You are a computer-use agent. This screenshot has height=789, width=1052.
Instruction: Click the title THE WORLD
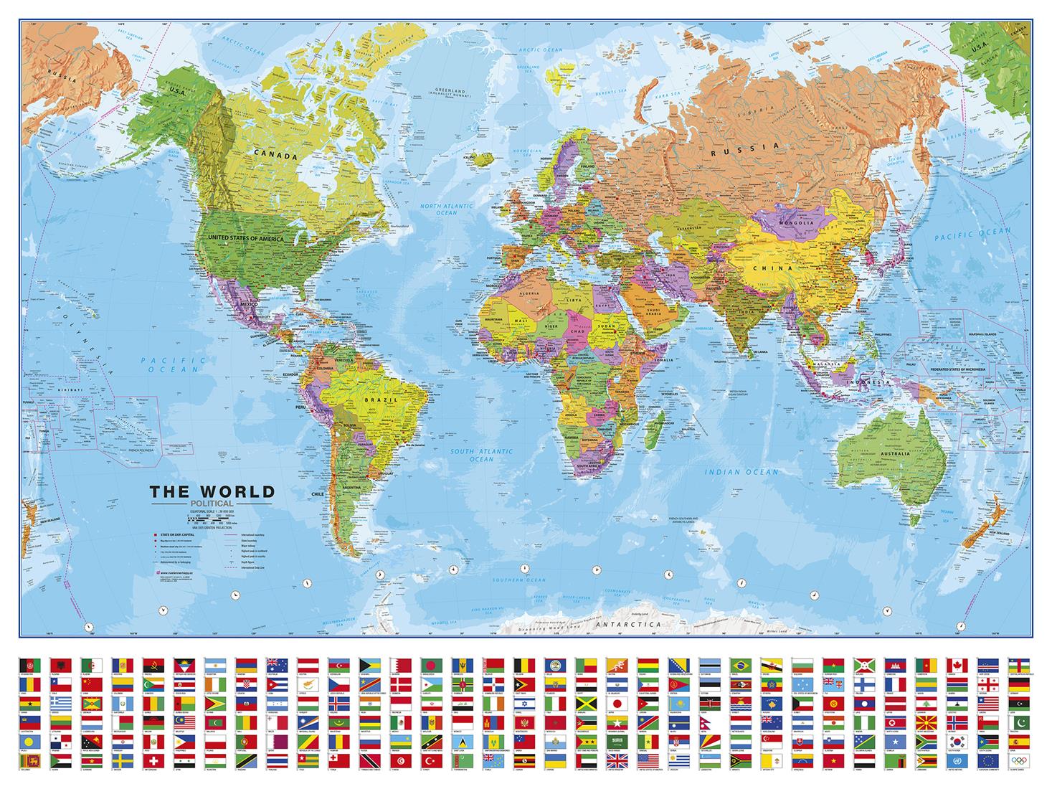coord(212,492)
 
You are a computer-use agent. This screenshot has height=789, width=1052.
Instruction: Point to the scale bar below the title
coord(207,516)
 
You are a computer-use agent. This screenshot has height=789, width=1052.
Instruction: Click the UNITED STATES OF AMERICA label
coord(245,237)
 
